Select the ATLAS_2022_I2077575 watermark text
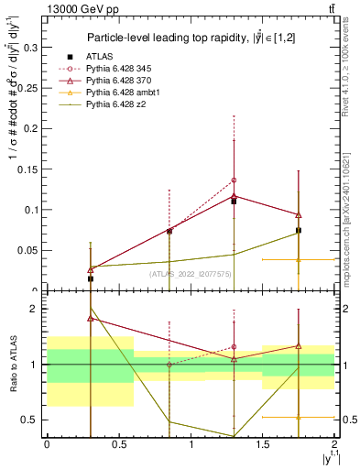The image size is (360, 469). tap(190, 273)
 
